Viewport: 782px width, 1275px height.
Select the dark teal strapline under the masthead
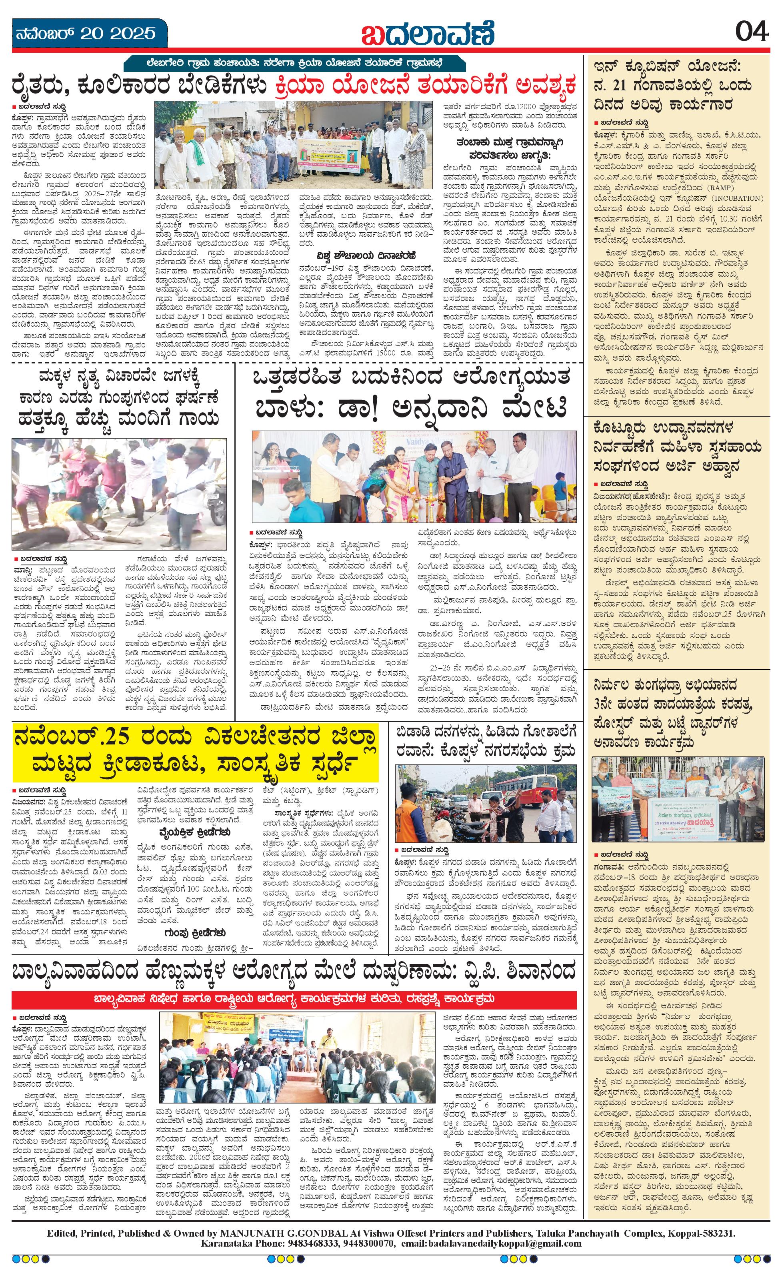(x=294, y=63)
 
